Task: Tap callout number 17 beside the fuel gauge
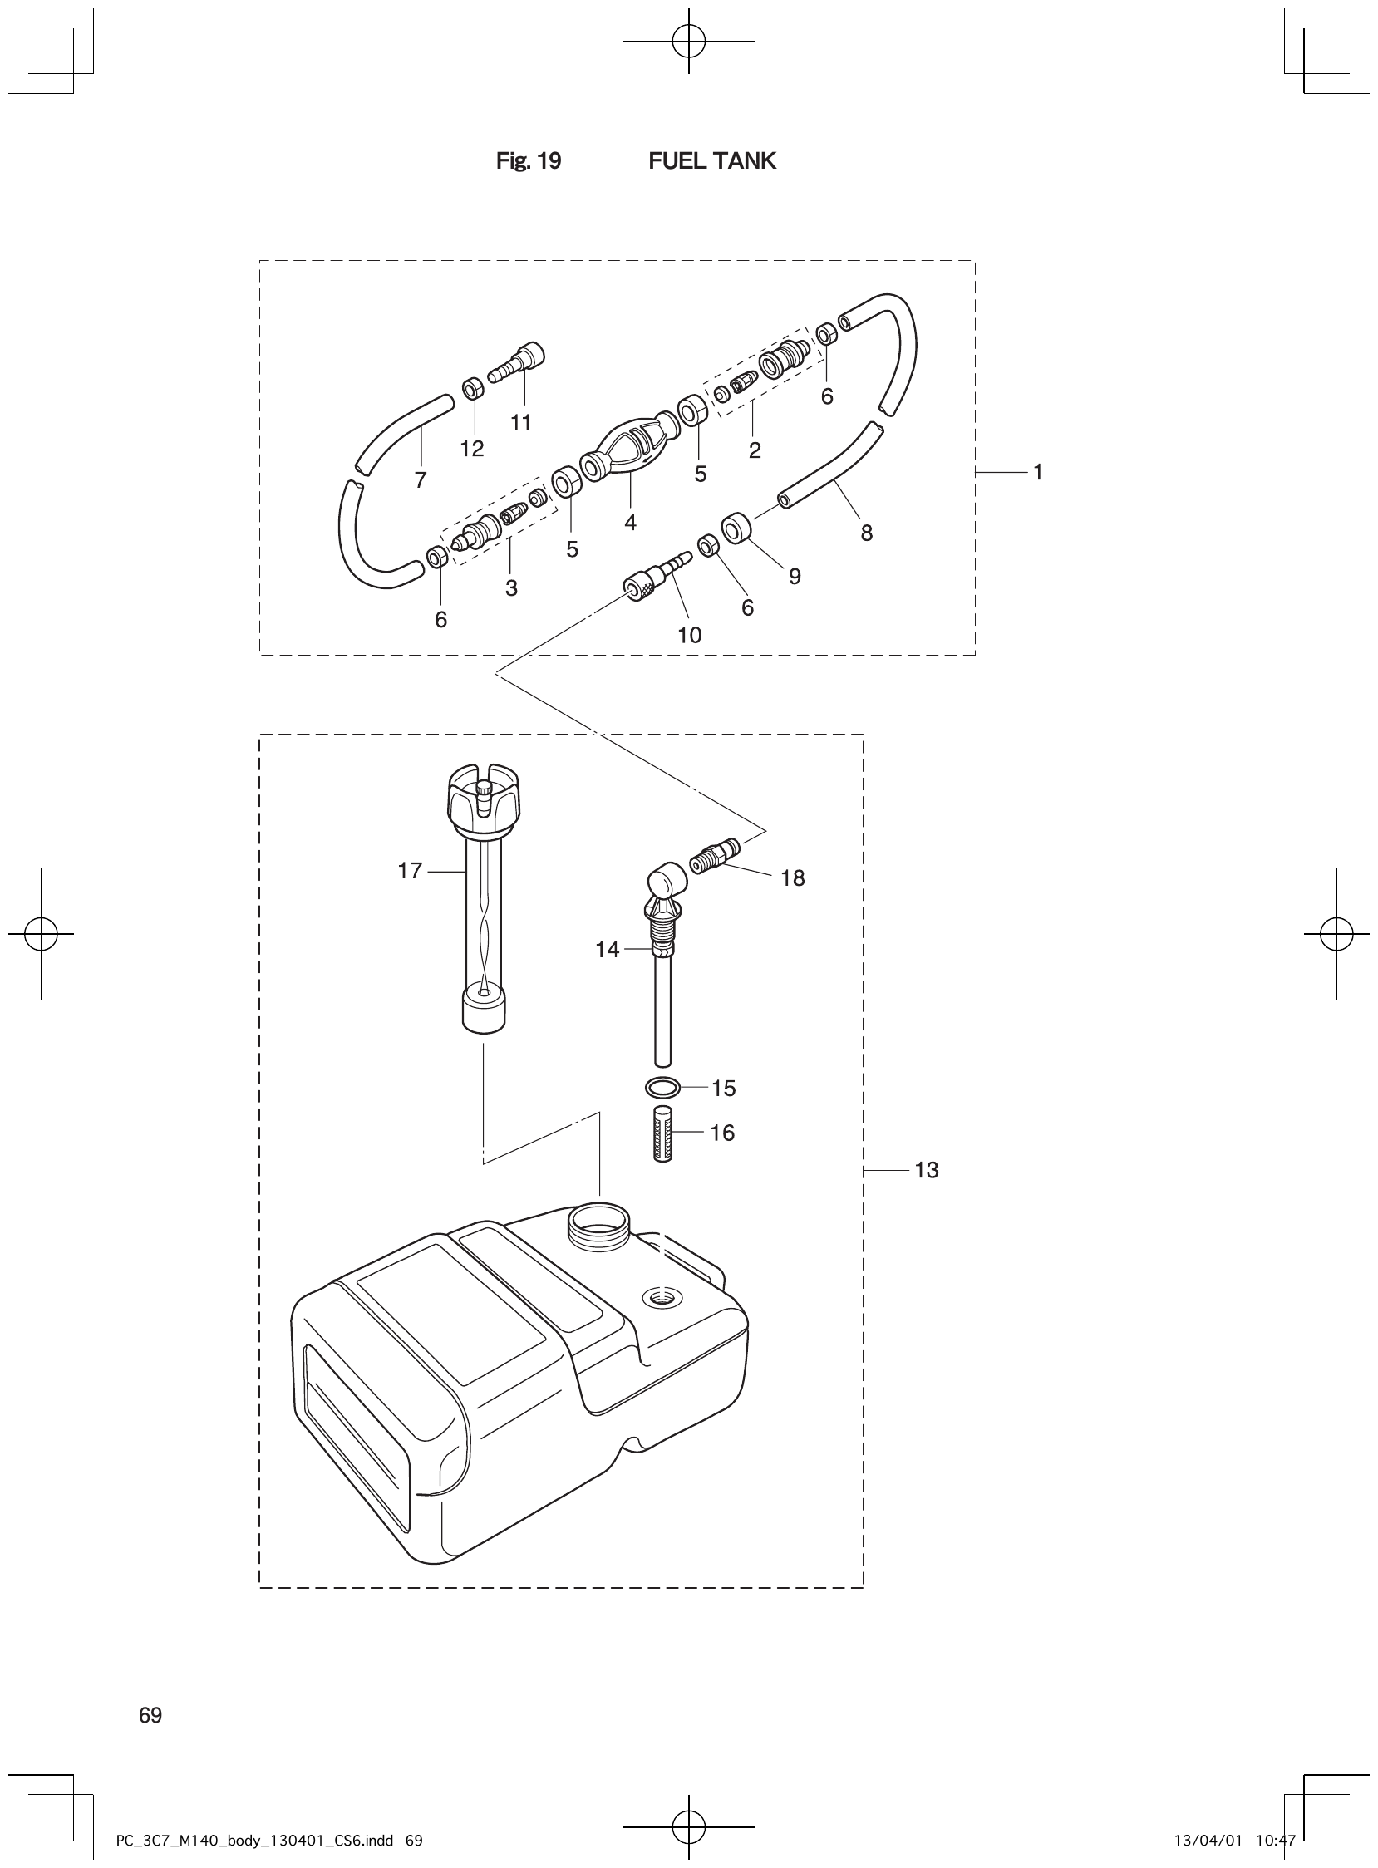tap(410, 872)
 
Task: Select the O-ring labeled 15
tap(662, 1088)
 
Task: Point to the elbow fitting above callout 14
tap(665, 884)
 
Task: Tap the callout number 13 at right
tap(926, 1171)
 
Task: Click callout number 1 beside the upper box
tap(1038, 473)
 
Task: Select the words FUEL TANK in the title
tap(711, 161)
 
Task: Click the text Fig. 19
tap(528, 161)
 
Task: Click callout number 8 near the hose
tap(867, 533)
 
